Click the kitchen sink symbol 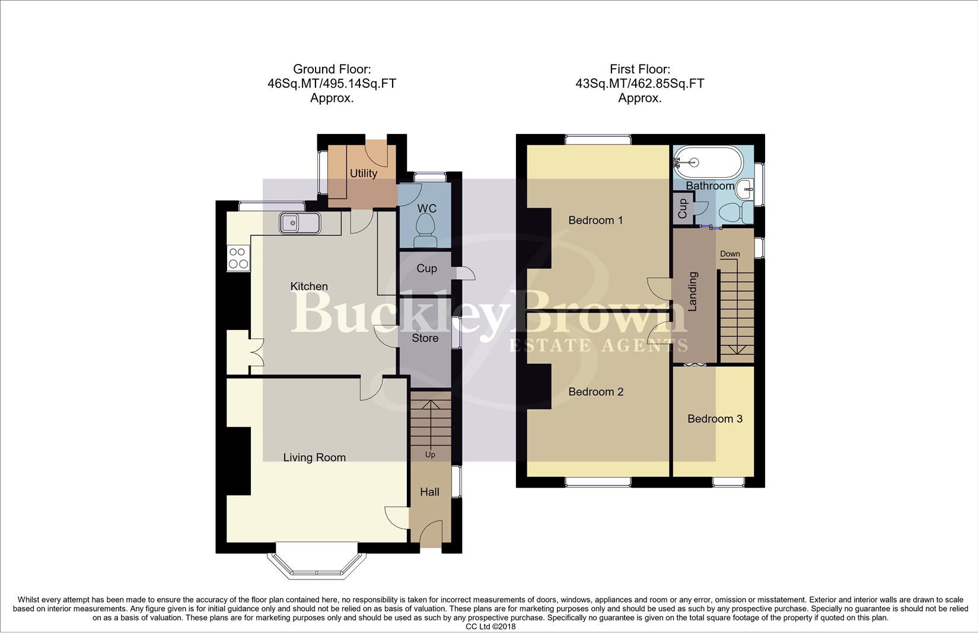click(300, 223)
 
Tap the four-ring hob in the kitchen click(238, 258)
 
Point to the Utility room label click(363, 173)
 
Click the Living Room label click(314, 457)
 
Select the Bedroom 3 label click(715, 419)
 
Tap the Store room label click(425, 338)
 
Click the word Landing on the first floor click(693, 292)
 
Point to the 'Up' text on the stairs click(430, 455)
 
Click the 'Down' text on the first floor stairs click(729, 254)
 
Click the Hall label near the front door click(429, 492)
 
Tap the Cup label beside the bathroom click(683, 209)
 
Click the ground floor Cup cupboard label click(426, 268)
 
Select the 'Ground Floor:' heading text click(332, 69)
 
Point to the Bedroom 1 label click(595, 220)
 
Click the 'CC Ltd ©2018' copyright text click(490, 626)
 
